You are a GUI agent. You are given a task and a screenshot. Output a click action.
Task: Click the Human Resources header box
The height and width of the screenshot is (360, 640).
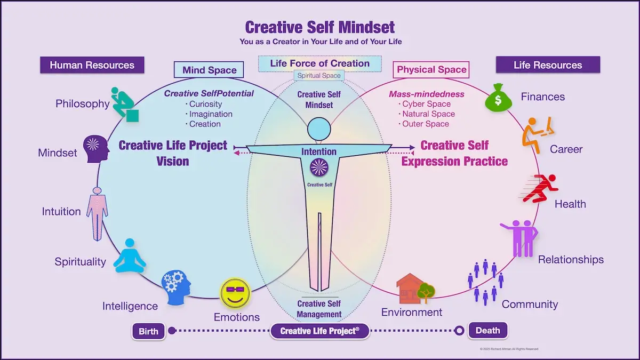[92, 65]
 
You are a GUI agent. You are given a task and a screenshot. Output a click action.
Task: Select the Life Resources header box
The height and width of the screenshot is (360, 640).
[548, 65]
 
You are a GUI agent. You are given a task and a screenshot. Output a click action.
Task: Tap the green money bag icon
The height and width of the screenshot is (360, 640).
[499, 97]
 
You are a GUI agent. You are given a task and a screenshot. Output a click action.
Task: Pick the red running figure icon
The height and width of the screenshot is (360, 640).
[540, 188]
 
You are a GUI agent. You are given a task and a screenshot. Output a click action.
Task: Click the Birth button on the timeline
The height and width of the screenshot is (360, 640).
[149, 331]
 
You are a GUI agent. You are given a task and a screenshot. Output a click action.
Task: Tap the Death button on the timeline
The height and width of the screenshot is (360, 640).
[487, 330]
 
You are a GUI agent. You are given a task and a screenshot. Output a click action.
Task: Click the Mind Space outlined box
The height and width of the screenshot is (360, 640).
[209, 70]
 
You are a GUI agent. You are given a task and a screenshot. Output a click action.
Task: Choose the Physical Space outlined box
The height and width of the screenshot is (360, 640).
[431, 69]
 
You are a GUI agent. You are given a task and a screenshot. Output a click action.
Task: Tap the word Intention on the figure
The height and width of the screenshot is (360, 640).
[319, 151]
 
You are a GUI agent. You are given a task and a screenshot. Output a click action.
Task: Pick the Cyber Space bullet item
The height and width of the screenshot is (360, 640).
[426, 104]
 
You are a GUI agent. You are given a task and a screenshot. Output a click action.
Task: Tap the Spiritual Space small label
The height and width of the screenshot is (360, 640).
[319, 76]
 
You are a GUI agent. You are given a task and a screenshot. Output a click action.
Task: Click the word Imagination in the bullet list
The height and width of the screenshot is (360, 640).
[211, 114]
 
